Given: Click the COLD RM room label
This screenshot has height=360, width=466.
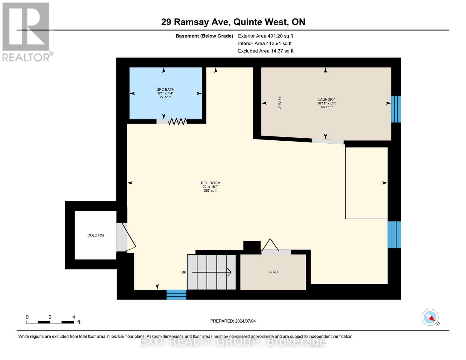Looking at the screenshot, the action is coord(95,235).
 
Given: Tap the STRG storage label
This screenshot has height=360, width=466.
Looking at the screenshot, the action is coord(273,272).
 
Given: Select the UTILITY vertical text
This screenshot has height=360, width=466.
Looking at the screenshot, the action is coord(279,103).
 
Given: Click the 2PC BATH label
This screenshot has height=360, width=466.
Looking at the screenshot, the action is coord(166,89).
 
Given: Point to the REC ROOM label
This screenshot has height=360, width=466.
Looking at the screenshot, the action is coord(210,183).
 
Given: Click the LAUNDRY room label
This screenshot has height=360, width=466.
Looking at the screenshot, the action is coord(326,100).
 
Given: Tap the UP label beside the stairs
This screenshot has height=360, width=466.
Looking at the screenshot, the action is coord(184,272).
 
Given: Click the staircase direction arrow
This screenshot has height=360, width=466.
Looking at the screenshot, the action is coord(212,272).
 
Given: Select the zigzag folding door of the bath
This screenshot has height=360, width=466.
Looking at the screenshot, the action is coord(178,121).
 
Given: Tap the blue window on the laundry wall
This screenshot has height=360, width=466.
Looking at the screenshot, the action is coord(396,109).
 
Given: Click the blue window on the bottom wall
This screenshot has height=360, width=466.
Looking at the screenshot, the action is coord(176,295).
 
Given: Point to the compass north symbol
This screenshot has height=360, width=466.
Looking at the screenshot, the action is coord(430,317).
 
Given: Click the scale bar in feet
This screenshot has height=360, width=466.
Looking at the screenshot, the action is coord(50,322).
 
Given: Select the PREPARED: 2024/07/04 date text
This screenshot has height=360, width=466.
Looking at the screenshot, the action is coord(233,321).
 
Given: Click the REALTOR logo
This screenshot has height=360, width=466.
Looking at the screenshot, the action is coord(27,32).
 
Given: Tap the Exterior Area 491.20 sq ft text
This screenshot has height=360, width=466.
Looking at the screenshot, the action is coord(266,36).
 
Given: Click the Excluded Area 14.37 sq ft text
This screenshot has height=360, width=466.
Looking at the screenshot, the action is coord(266,51).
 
